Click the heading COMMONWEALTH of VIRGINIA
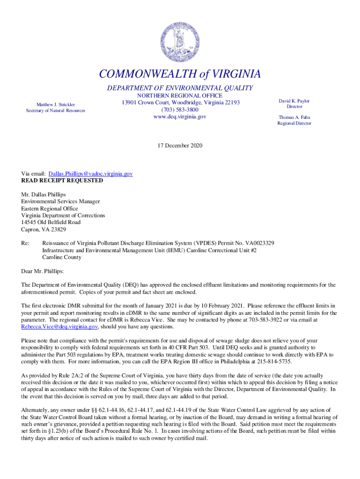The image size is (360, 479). point(180,74)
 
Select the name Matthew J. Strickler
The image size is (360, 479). point(56,104)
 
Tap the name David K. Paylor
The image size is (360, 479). point(294,101)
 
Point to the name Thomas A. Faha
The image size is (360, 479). point(294,117)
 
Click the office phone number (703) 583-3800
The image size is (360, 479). point(180,109)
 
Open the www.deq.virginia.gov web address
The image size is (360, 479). point(180,116)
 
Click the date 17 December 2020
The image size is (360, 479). point(180,146)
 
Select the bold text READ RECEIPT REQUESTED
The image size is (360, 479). point(62,181)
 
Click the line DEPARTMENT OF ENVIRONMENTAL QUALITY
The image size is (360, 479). point(180,88)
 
